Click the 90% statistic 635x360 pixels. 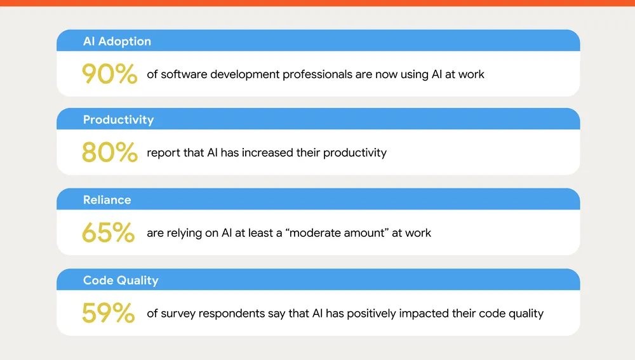click(x=109, y=74)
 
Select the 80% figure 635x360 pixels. click(x=109, y=153)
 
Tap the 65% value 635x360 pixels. click(x=108, y=233)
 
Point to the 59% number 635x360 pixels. click(x=108, y=313)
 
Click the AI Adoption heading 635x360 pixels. click(x=117, y=41)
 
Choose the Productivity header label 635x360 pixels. click(x=118, y=119)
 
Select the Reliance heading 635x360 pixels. click(x=107, y=200)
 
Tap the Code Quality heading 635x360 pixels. click(x=121, y=280)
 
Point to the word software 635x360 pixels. click(x=184, y=74)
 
